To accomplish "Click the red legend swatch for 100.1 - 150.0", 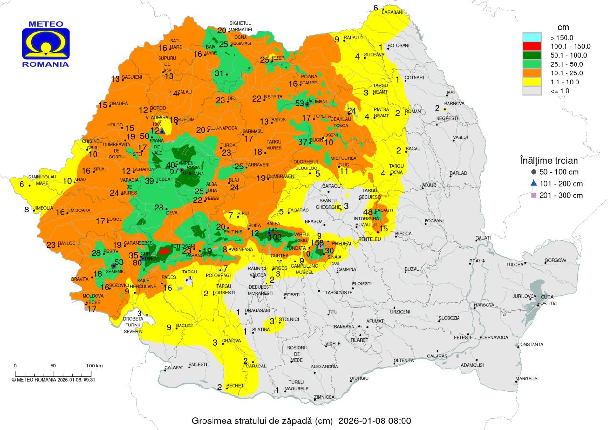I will coord(532,46).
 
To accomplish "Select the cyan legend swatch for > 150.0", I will coord(532,37).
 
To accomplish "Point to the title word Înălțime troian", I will coord(549,160).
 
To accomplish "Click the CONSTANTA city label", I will coord(530,344).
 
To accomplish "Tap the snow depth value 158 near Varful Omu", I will coord(317,242).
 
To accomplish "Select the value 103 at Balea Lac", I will coord(276,237).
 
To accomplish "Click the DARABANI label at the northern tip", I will coord(393,12).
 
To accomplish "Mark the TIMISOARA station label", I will coord(78,210).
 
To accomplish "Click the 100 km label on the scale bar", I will coord(95,366).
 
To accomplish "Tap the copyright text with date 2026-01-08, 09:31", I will coord(53,380).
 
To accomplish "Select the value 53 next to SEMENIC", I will coord(119,262).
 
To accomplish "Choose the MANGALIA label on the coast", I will coord(526,379).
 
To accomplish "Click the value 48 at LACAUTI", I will coord(368,212).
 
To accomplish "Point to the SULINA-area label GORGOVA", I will coord(555,260).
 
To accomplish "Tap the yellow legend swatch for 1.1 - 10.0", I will coord(532,82).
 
